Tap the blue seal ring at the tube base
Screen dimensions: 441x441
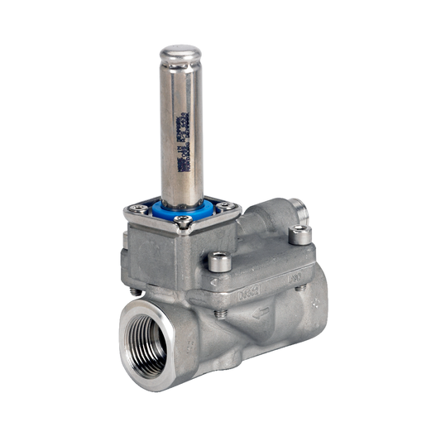[182, 207]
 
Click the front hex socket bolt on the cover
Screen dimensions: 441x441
[218, 262]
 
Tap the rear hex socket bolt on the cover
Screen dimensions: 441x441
[300, 234]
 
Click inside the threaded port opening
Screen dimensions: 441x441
[149, 339]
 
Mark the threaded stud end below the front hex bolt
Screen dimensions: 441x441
[219, 314]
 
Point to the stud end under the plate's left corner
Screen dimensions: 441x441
[135, 290]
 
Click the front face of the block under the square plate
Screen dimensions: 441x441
[157, 256]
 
